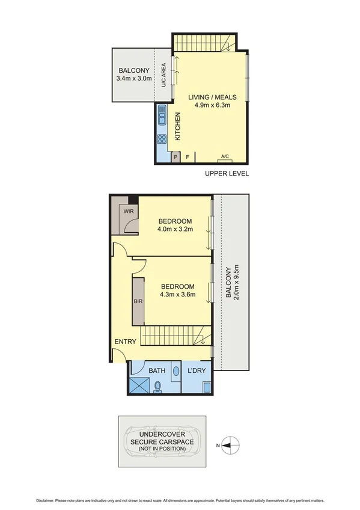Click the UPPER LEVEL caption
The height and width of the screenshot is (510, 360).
tap(227, 174)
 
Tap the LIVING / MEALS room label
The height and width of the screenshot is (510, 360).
tap(212, 97)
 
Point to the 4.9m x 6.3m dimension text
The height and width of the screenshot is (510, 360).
tap(212, 105)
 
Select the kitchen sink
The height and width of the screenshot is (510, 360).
tap(162, 115)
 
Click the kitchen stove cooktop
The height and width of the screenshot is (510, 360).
tap(162, 140)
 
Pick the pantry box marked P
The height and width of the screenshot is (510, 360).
tap(175, 157)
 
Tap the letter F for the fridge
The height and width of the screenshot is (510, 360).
tap(188, 157)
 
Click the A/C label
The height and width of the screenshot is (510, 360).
tap(225, 156)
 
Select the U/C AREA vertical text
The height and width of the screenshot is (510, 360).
tap(163, 75)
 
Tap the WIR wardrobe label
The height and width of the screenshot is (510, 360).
tap(129, 212)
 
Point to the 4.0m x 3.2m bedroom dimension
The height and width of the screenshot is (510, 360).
tap(174, 229)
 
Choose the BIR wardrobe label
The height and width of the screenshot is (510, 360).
tap(138, 301)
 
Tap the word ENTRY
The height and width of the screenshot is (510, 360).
tap(126, 342)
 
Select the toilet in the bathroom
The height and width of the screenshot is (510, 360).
tap(158, 387)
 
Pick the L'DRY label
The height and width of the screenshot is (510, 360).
tap(197, 371)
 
